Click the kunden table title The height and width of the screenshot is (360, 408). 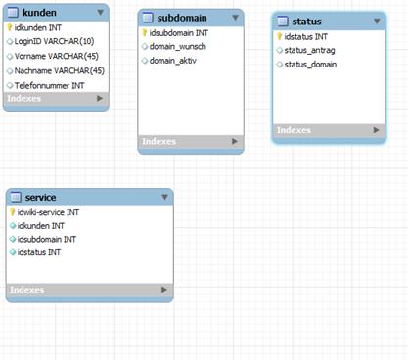click(x=39, y=13)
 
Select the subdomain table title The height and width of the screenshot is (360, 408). click(x=182, y=18)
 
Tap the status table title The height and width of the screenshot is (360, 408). click(x=306, y=22)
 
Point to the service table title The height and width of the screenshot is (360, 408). click(x=40, y=198)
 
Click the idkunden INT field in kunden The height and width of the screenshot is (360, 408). click(x=38, y=28)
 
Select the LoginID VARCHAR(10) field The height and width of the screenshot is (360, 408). click(x=54, y=41)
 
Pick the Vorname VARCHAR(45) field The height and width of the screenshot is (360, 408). click(x=57, y=56)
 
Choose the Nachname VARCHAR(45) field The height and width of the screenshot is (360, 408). click(x=60, y=70)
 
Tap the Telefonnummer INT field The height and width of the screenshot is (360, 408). click(x=49, y=86)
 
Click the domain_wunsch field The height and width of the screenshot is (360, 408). click(x=178, y=47)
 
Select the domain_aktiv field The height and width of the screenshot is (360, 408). click(x=173, y=61)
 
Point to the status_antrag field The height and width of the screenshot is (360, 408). click(x=309, y=51)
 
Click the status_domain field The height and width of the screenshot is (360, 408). click(x=310, y=65)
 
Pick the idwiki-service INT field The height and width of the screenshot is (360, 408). click(x=48, y=212)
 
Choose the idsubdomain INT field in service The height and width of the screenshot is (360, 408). click(x=47, y=239)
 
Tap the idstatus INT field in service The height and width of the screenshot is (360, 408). click(x=39, y=252)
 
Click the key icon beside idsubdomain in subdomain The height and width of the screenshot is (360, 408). click(x=145, y=32)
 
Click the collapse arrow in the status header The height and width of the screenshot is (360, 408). click(x=377, y=22)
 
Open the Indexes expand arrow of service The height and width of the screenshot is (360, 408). click(x=164, y=290)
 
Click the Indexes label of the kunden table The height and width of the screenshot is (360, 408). click(x=24, y=98)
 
